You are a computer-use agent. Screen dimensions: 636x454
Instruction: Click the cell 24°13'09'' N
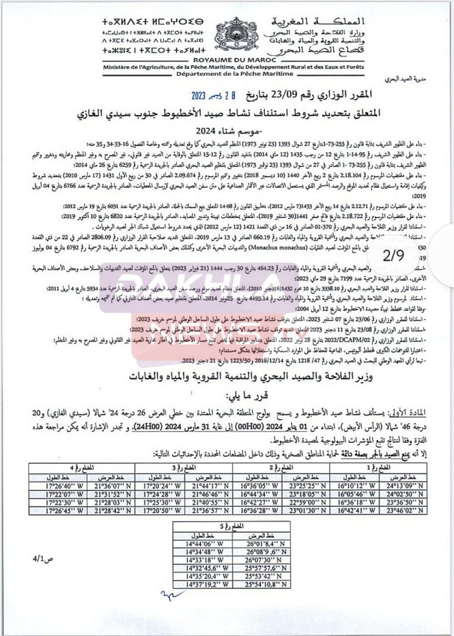[x=416, y=485]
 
